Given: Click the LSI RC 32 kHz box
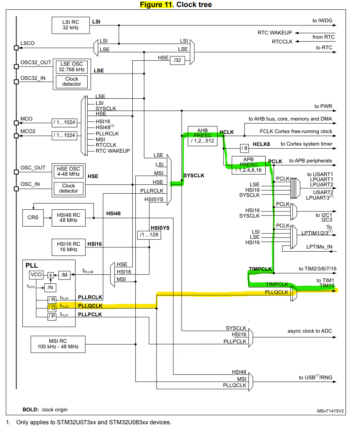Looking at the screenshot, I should pyautogui.click(x=70, y=25).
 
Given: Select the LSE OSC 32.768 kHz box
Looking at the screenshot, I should pyautogui.click(x=72, y=67).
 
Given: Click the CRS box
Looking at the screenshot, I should pyautogui.click(x=33, y=217).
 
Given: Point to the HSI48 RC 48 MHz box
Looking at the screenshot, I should pyautogui.click(x=68, y=217).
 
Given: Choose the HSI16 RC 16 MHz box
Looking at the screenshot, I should pyautogui.click(x=68, y=247).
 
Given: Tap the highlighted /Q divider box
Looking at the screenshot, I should pyautogui.click(x=52, y=307).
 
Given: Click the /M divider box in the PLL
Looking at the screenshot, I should pyautogui.click(x=64, y=275).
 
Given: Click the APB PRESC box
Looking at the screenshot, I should pyautogui.click(x=249, y=165).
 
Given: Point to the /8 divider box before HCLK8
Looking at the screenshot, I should pyautogui.click(x=244, y=148).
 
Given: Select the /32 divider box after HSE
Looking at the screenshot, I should pyautogui.click(x=177, y=59).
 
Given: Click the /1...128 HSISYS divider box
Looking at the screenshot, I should pyautogui.click(x=149, y=235).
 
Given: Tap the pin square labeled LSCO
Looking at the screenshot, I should pyautogui.click(x=16, y=48).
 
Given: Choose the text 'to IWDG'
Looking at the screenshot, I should pyautogui.click(x=322, y=21).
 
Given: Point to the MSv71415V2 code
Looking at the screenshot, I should pyautogui.click(x=330, y=411).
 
